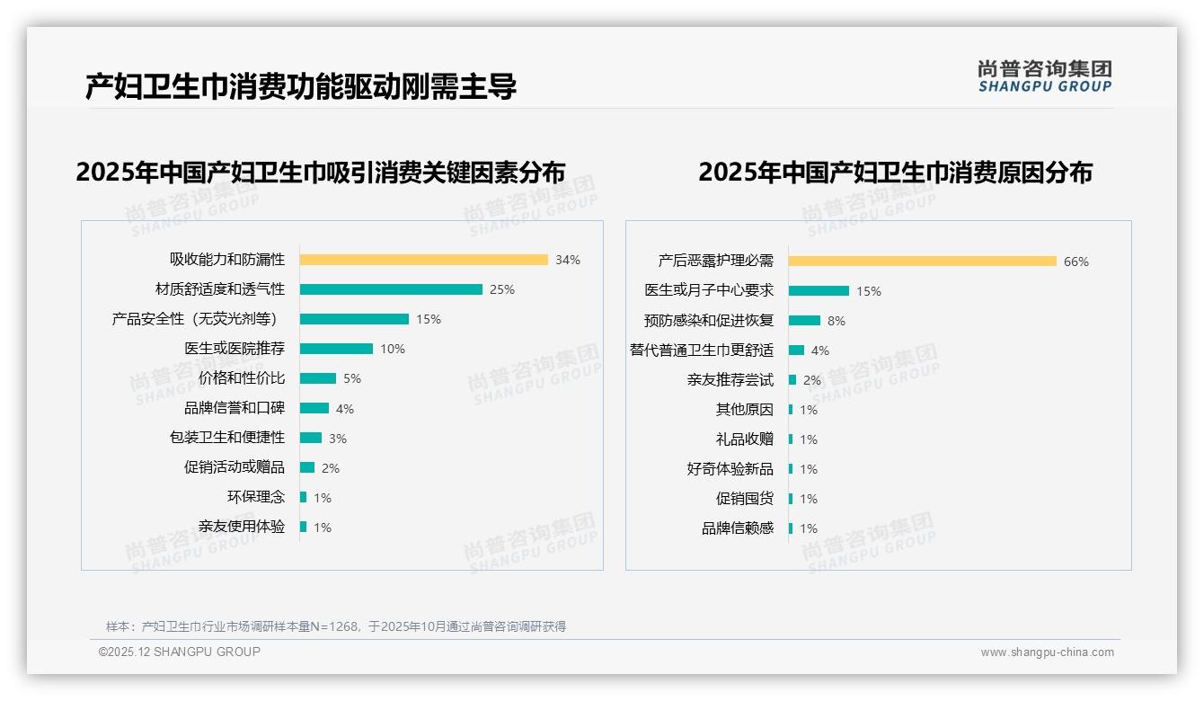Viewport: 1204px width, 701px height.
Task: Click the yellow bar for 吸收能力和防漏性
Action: tap(423, 260)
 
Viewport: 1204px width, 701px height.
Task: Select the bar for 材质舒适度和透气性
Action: tap(391, 289)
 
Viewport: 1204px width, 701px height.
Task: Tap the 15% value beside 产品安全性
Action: tap(429, 319)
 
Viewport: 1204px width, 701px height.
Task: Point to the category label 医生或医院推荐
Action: tap(235, 349)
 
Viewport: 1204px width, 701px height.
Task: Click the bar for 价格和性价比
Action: tap(318, 378)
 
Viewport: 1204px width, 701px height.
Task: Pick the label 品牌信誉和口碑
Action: tap(235, 408)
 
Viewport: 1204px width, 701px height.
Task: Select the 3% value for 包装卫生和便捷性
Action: tap(337, 439)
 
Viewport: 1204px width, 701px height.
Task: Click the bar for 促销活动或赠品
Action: tap(307, 467)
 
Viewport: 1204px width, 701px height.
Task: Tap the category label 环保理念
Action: tap(256, 497)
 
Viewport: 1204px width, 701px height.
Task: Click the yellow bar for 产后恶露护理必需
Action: tap(923, 262)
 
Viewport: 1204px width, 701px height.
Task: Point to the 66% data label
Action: tap(1076, 262)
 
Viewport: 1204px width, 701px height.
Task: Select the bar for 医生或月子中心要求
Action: tap(819, 291)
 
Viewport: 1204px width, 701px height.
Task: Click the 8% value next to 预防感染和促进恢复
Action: tap(837, 321)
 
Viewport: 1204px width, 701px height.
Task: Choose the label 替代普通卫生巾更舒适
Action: tap(702, 350)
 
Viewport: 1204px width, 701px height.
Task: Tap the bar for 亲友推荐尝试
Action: tap(792, 380)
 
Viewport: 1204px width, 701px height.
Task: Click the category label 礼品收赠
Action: tap(745, 439)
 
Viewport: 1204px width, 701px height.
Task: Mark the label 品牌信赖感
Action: tap(738, 528)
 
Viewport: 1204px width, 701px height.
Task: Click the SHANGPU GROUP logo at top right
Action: tap(1045, 76)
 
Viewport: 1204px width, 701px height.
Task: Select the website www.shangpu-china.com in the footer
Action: tap(1047, 652)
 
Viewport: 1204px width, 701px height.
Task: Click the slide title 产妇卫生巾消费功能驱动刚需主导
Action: tap(301, 87)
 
